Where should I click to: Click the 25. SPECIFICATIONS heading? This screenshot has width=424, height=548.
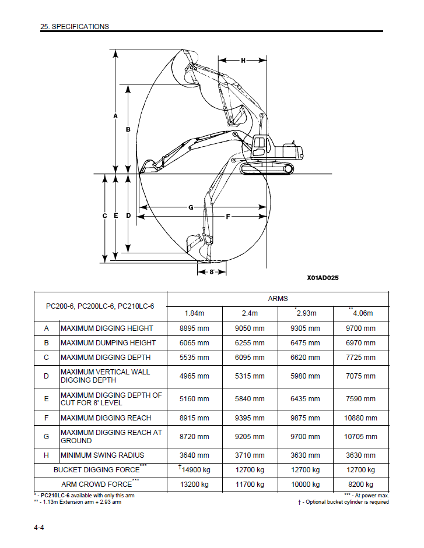(x=74, y=26)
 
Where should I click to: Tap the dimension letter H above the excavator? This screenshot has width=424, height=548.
(x=243, y=60)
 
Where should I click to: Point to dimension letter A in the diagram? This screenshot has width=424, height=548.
(x=115, y=116)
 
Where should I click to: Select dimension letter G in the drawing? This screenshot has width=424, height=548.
(x=191, y=207)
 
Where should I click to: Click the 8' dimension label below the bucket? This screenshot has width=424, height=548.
(x=212, y=271)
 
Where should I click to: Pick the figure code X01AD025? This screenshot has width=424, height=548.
(x=323, y=278)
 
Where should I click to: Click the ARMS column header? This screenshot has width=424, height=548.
(x=278, y=299)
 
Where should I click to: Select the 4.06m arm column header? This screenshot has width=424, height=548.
(x=360, y=313)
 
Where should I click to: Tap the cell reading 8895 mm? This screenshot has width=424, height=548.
(x=194, y=328)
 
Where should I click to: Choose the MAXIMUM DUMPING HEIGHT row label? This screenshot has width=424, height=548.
(x=108, y=343)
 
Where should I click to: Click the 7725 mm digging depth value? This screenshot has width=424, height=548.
(x=360, y=358)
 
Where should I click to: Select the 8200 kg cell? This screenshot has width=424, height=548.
(x=360, y=485)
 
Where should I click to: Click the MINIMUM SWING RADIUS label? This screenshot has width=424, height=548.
(x=102, y=455)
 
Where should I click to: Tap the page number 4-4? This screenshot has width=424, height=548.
(x=39, y=528)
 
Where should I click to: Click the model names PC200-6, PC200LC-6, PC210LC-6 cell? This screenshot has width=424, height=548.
(x=100, y=306)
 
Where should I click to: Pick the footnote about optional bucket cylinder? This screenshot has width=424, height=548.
(x=343, y=502)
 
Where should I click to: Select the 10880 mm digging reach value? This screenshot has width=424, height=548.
(x=360, y=418)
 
